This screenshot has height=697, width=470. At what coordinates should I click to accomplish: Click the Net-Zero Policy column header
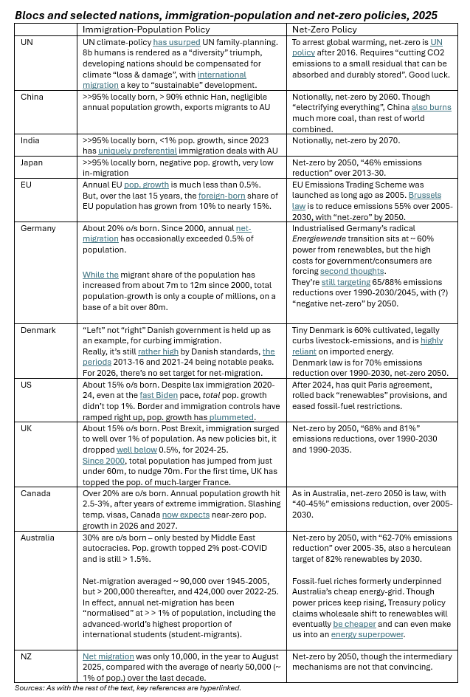coord(325,30)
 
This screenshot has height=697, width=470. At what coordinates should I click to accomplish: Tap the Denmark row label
coord(38,330)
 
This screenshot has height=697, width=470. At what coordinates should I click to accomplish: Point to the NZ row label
coord(27,656)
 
